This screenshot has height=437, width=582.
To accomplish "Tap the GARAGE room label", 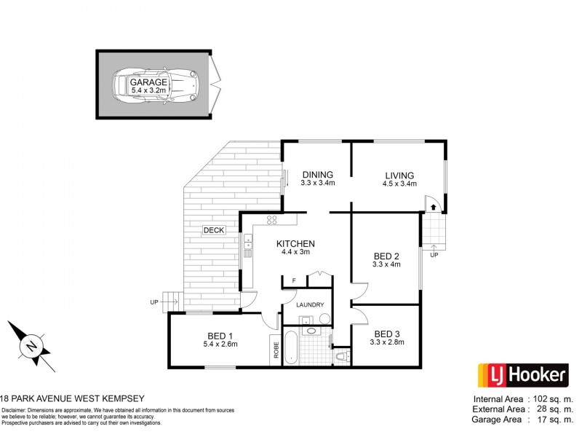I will (x=149, y=82).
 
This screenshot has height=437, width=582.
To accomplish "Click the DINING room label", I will (x=318, y=175).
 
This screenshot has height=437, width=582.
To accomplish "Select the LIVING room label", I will (x=399, y=176).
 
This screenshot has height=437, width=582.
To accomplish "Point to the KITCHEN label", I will (x=295, y=244).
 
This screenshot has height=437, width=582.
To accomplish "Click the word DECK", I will (x=213, y=230).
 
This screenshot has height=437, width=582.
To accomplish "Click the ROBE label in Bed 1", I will (x=276, y=350).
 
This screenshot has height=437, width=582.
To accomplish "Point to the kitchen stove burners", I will (x=274, y=219).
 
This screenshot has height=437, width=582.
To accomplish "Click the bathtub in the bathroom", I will (x=290, y=349).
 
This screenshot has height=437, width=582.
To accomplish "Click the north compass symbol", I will (x=33, y=345).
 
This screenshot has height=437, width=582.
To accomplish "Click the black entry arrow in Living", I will (x=434, y=208).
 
